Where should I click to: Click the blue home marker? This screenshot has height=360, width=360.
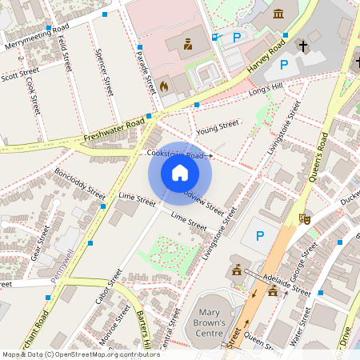tap(180, 173)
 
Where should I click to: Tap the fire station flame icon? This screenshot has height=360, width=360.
tap(164, 84)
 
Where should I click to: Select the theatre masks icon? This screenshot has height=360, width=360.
tap(304, 217)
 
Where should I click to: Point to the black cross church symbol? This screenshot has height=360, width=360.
tap(303, 46)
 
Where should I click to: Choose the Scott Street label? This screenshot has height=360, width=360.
tap(19, 74)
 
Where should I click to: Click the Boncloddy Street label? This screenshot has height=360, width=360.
tap(80, 183)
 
